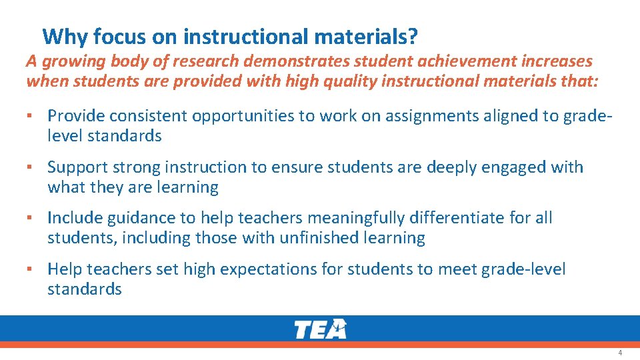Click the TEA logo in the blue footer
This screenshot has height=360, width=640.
320,329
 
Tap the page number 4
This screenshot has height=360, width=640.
620,353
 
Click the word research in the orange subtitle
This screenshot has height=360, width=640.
204,61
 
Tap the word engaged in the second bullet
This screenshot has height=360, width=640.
511,167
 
